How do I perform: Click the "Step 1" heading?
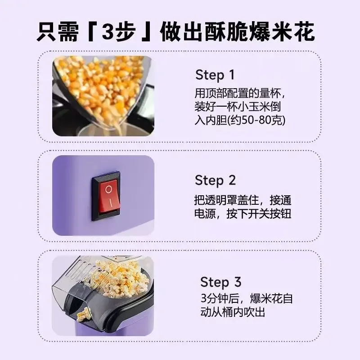215,75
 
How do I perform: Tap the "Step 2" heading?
215,180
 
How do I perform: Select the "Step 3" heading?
220,282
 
